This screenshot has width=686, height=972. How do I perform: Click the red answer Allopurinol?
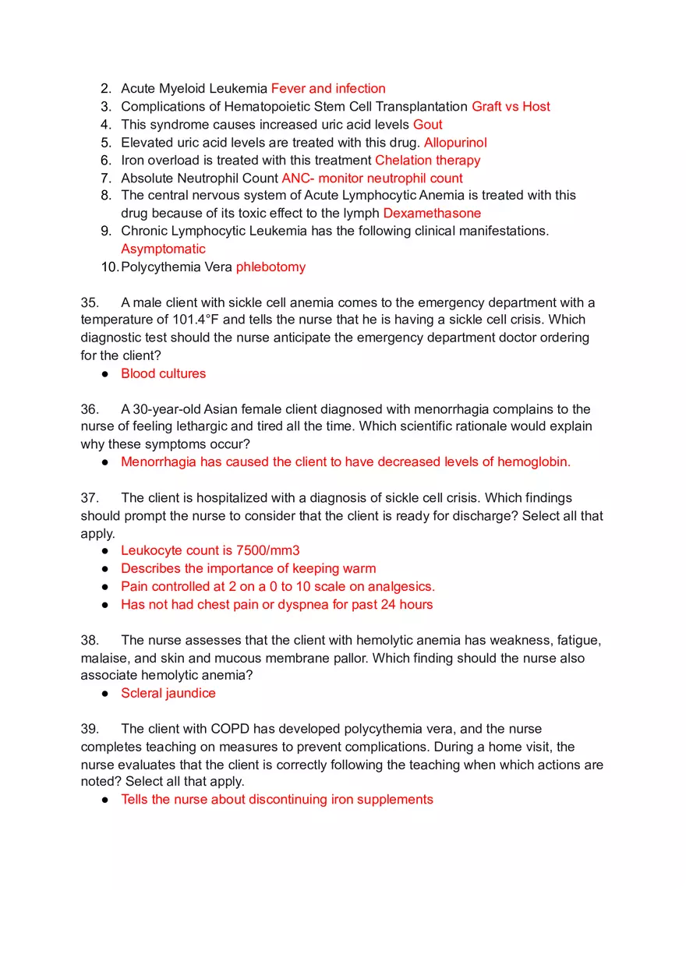[x=455, y=143]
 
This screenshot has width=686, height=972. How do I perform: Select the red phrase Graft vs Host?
[x=511, y=107]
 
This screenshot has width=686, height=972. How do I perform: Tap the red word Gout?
[x=428, y=125]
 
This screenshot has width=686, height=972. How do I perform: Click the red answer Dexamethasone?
[x=432, y=214]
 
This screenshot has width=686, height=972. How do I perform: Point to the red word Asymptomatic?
[x=163, y=249]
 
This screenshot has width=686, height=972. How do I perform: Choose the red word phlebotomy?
[x=271, y=267]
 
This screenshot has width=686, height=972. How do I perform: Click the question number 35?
[x=90, y=302]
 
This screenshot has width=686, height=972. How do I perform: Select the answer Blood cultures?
[x=163, y=373]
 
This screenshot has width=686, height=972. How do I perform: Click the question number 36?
[x=90, y=409]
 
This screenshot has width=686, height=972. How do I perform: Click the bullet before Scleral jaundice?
[x=104, y=694]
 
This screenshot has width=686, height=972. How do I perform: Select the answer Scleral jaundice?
[x=168, y=694]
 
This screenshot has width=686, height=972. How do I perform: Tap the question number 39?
[x=90, y=730]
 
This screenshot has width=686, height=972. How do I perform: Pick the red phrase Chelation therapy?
[x=427, y=161]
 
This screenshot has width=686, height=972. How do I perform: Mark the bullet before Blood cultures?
[x=104, y=374]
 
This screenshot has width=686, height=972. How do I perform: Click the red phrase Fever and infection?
[x=328, y=89]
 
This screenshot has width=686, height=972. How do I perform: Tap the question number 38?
[x=90, y=641]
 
